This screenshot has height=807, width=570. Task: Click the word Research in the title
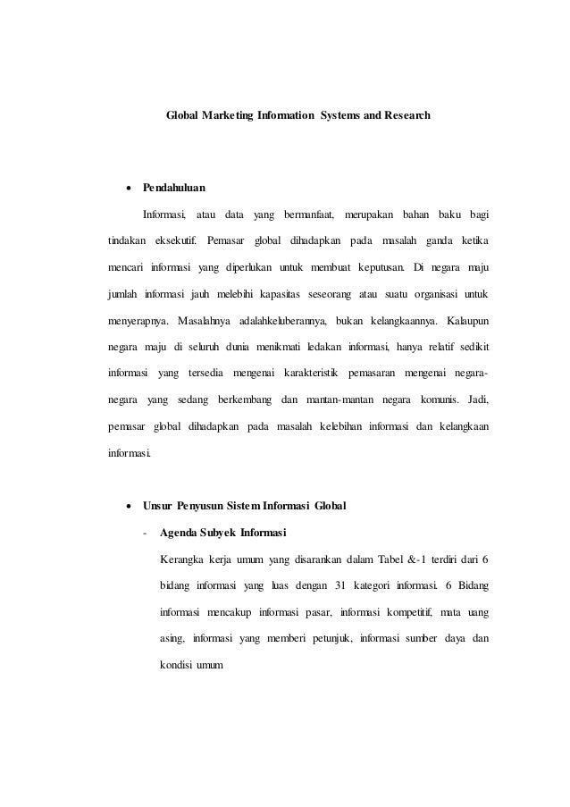pos(406,116)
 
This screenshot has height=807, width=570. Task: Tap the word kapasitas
pos(277,294)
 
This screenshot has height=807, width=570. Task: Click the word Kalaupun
pos(466,320)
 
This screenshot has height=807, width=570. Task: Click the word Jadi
pos(490,399)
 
